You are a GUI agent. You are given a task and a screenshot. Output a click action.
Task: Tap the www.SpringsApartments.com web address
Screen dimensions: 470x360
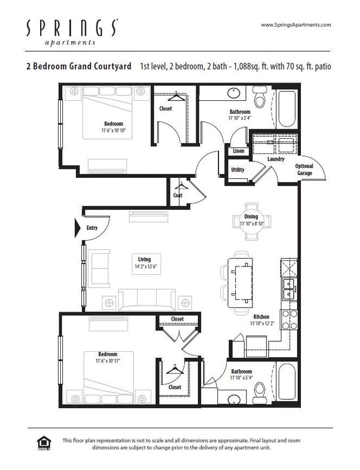coord(296,25)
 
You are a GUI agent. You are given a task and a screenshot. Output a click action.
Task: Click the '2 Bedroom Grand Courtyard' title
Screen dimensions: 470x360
coord(78,66)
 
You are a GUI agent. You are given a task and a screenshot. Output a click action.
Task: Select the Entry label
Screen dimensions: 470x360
coord(92,227)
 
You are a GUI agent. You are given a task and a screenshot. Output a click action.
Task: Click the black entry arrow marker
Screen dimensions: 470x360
coord(79,227)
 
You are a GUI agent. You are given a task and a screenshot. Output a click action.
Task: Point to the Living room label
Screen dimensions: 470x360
coord(144,259)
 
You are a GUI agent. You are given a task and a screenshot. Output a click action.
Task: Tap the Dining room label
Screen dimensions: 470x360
coord(251,217)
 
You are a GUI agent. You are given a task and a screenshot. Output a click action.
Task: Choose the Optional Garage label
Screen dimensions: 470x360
coord(304,169)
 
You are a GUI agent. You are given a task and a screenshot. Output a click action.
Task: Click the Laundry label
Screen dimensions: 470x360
coord(275,159)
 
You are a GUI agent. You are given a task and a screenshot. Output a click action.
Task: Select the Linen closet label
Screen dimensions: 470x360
coord(238,151)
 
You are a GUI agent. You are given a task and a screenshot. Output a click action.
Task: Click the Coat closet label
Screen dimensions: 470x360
coord(177,195)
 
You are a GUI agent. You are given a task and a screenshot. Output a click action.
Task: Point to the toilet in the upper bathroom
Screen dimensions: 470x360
coord(260,99)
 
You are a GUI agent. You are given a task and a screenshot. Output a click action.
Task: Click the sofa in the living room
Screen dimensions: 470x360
coord(147,300)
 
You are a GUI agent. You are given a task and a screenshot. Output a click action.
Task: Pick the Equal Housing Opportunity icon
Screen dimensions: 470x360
coord(43,443)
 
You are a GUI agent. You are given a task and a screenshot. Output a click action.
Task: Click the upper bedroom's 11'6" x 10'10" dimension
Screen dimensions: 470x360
coord(113,130)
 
